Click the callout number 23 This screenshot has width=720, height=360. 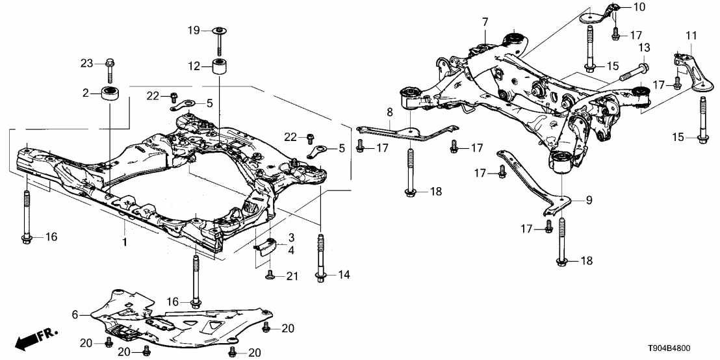(86, 63)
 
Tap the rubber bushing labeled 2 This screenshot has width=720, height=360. (110, 93)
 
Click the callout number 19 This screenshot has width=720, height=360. (194, 31)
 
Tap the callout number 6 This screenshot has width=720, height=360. (75, 315)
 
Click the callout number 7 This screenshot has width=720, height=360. (485, 23)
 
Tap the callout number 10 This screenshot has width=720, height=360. (639, 7)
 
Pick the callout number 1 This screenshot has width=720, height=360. (125, 242)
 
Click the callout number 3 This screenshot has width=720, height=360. (292, 237)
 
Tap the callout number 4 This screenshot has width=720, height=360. (292, 250)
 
